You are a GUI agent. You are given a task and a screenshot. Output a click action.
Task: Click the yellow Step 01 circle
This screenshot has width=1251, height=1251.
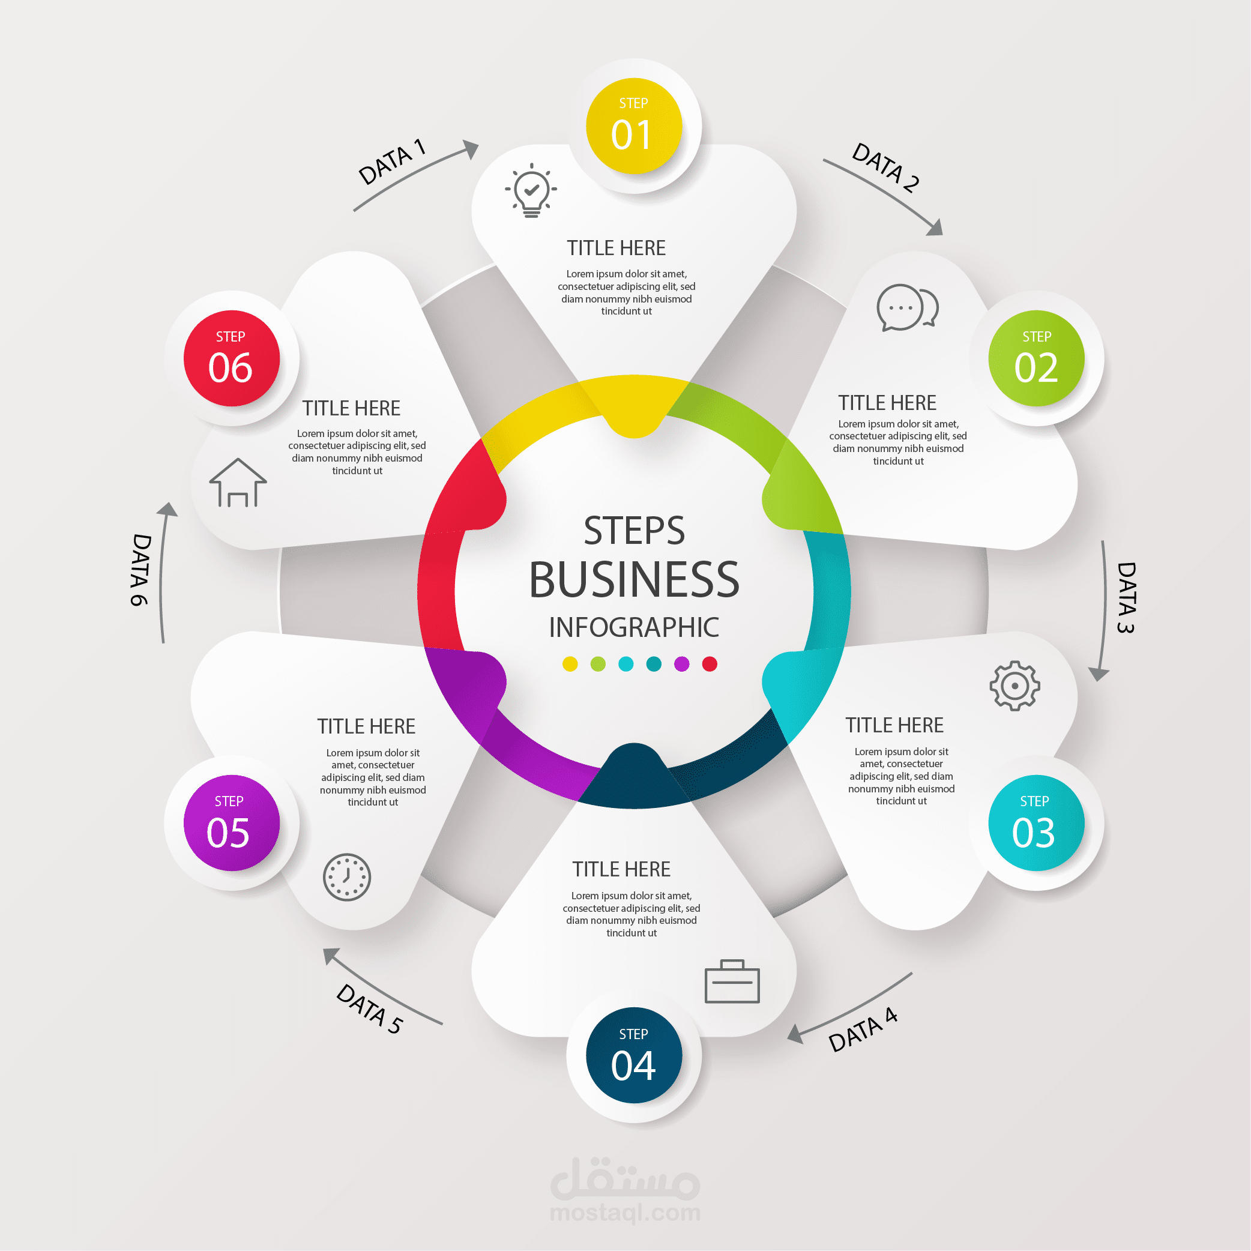pyautogui.click(x=634, y=126)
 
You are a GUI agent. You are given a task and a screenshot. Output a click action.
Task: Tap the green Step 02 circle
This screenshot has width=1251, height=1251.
pyautogui.click(x=1036, y=358)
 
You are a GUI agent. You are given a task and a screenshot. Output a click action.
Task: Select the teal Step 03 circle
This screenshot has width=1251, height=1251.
pyautogui.click(x=1036, y=823)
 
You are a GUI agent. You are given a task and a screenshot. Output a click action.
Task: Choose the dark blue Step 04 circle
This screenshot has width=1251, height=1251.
pyautogui.click(x=634, y=1055)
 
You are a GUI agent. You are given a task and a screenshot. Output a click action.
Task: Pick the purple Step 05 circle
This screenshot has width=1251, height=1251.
pyautogui.click(x=232, y=823)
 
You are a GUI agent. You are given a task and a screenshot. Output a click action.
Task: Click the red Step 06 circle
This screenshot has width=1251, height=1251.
pyautogui.click(x=232, y=358)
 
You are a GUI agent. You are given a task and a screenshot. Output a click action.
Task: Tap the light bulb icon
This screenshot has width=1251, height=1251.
pyautogui.click(x=531, y=190)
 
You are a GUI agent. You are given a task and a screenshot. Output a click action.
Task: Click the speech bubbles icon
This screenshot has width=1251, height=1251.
pyautogui.click(x=907, y=307)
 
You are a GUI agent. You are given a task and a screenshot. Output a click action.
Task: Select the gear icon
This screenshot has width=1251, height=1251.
pyautogui.click(x=1014, y=686)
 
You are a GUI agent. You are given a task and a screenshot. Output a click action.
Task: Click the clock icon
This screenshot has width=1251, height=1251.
pyautogui.click(x=347, y=878)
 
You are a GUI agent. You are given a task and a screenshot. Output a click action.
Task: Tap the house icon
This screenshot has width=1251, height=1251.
pyautogui.click(x=238, y=483)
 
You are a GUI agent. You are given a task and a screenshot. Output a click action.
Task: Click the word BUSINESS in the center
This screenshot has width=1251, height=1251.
pyautogui.click(x=634, y=579)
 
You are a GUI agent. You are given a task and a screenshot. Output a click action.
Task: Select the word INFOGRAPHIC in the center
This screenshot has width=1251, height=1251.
pyautogui.click(x=634, y=627)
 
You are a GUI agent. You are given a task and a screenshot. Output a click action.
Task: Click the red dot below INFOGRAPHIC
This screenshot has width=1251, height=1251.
pyautogui.click(x=710, y=664)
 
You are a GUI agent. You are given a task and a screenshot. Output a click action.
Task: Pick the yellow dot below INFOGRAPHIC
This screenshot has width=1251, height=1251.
pyautogui.click(x=570, y=664)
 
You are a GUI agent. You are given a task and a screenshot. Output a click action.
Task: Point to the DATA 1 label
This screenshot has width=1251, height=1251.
pyautogui.click(x=393, y=161)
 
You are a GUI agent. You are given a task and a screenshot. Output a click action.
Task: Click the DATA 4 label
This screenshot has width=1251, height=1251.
pyautogui.click(x=863, y=1029)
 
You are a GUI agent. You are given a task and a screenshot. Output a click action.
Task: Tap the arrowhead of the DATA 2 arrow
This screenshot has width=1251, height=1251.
pyautogui.click(x=935, y=228)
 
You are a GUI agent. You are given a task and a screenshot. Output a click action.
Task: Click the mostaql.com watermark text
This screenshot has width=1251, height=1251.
pyautogui.click(x=625, y=1213)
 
